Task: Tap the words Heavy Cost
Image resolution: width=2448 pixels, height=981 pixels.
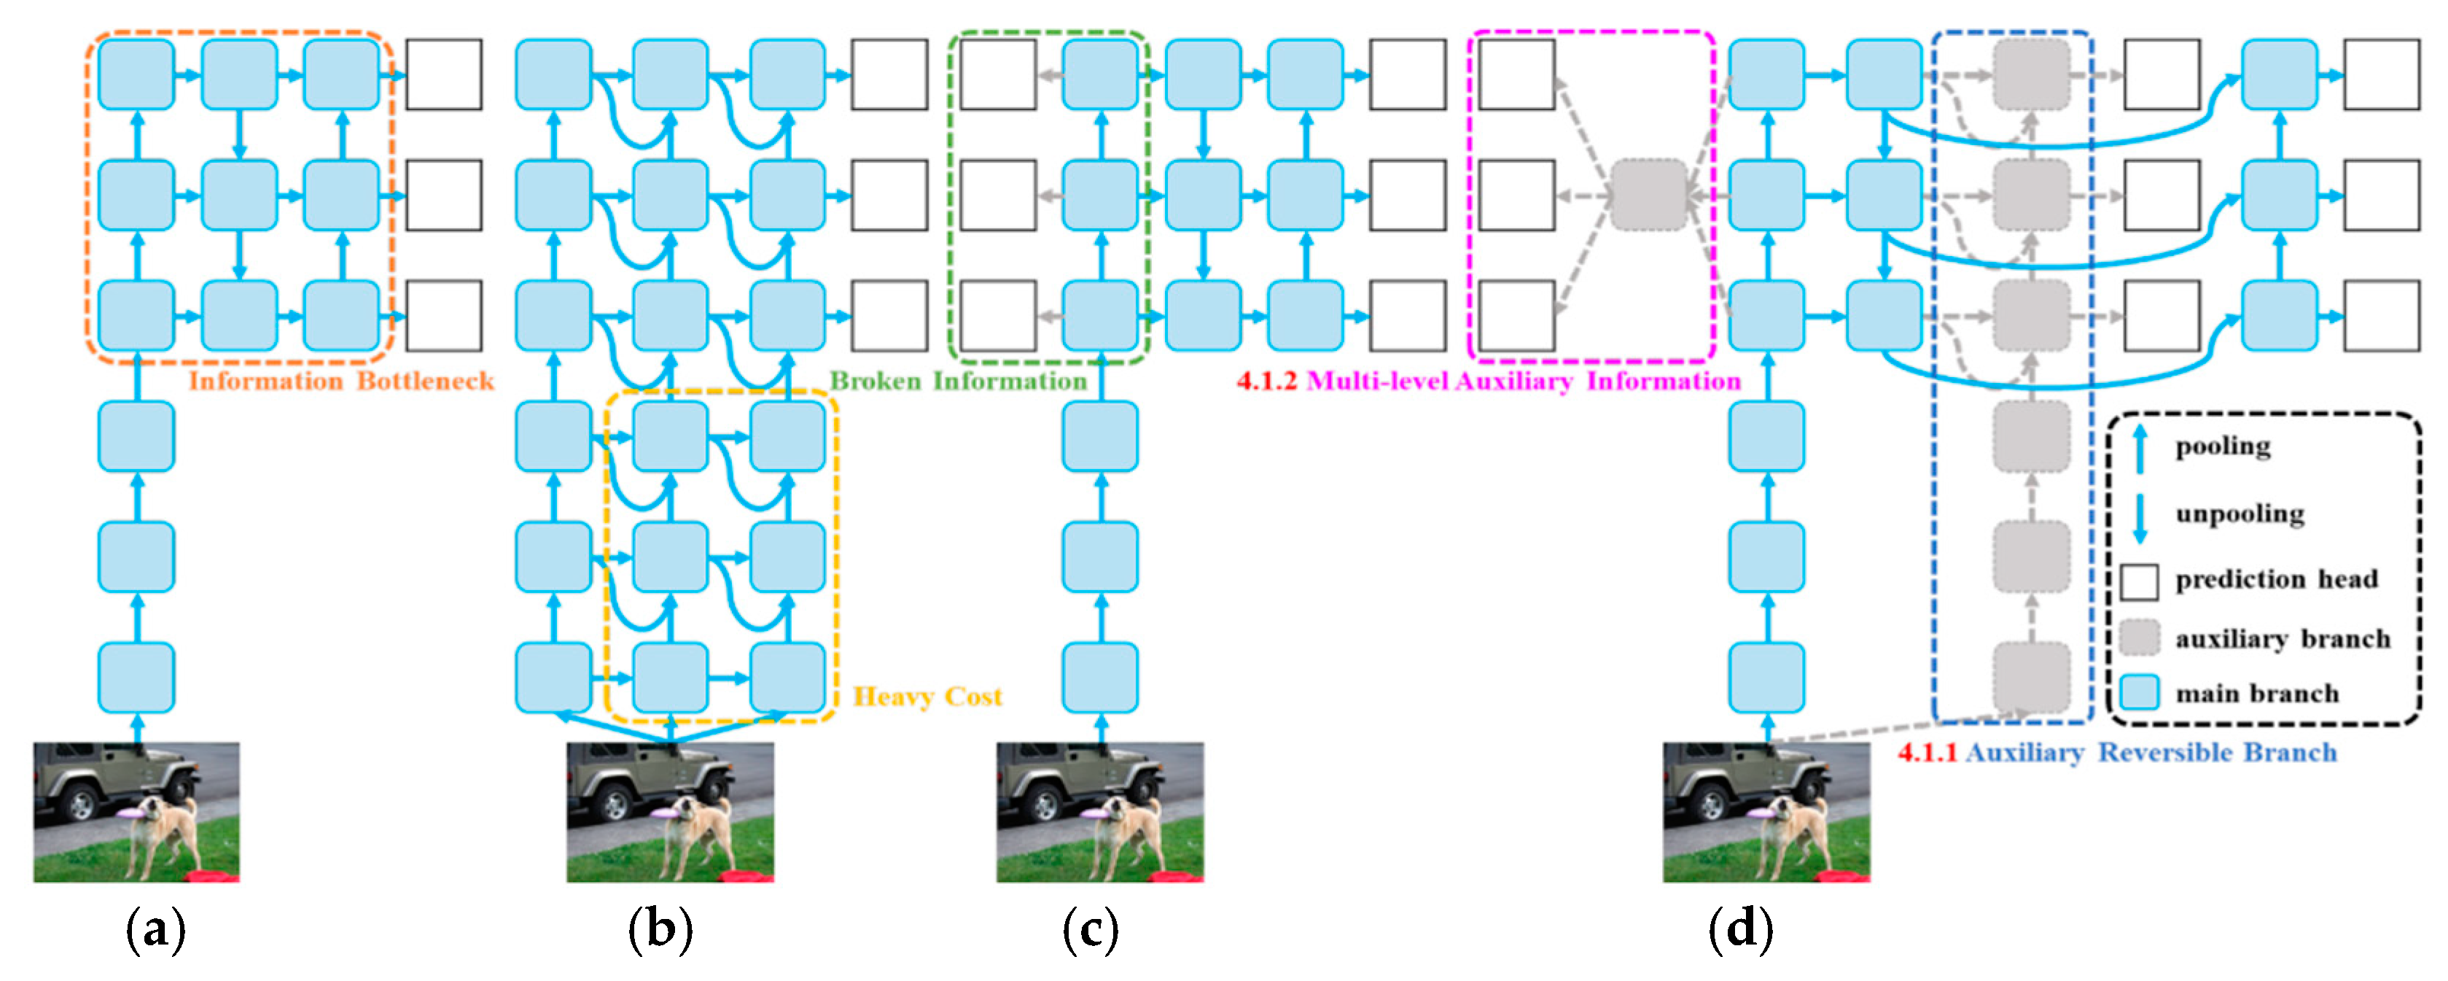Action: point(927,697)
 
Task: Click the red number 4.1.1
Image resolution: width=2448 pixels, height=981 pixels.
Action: point(1927,753)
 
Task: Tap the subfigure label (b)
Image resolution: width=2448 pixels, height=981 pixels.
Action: point(660,930)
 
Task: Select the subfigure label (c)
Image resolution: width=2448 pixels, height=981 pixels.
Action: point(1090,930)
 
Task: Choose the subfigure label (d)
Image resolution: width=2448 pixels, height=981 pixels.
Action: point(1740,930)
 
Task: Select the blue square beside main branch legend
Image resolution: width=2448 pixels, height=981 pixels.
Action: point(2139,693)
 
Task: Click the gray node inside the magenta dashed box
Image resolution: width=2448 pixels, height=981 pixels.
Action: point(1650,195)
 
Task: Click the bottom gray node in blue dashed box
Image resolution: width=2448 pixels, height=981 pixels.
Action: point(2031,677)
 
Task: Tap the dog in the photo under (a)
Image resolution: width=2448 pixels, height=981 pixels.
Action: point(162,831)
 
